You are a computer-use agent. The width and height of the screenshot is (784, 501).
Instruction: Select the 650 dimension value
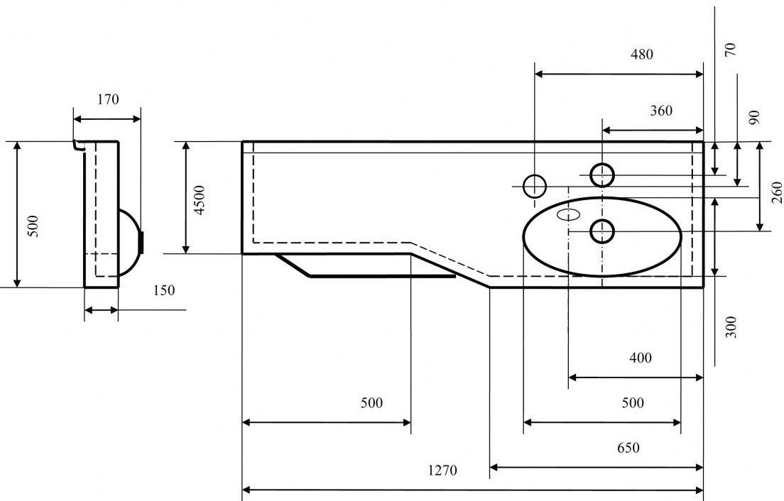[628, 448]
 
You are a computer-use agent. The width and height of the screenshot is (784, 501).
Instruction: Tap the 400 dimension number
[640, 358]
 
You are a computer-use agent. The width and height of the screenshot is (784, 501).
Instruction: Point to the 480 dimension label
[641, 54]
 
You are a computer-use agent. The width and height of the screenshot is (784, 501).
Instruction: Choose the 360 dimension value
[660, 111]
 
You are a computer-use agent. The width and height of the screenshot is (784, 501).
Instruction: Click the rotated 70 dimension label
[731, 49]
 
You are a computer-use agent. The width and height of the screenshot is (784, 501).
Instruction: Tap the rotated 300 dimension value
[732, 326]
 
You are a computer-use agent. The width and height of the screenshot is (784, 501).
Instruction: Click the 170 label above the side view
[108, 99]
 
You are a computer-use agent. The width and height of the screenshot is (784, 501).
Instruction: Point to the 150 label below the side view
[163, 290]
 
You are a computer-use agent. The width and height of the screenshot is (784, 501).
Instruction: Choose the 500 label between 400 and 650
[632, 403]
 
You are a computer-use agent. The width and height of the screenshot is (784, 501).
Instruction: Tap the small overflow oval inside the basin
[570, 214]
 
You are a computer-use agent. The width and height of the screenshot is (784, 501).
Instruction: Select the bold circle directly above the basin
[602, 174]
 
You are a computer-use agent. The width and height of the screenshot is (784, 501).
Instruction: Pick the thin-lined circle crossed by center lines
[534, 186]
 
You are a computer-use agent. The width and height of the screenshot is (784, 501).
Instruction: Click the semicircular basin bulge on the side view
[129, 241]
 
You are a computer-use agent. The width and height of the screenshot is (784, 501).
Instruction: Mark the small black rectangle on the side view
[142, 242]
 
